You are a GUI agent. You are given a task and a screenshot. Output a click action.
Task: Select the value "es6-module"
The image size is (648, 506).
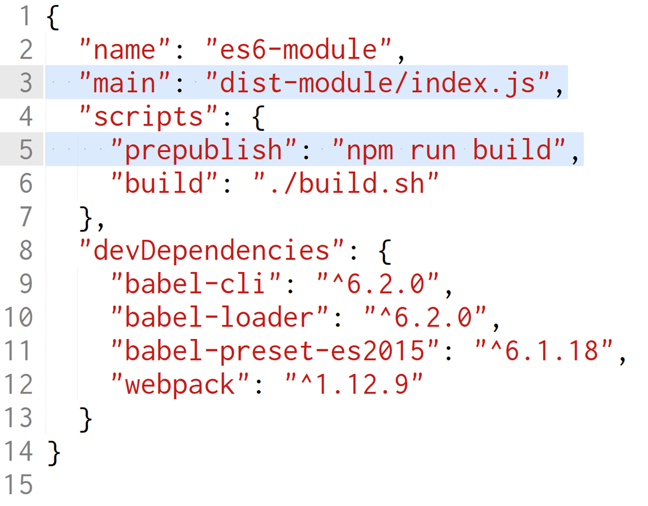(x=298, y=50)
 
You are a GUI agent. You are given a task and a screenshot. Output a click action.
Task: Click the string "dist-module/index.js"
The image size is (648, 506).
(x=376, y=83)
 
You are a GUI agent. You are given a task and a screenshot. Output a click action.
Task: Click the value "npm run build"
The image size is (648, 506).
(x=449, y=150)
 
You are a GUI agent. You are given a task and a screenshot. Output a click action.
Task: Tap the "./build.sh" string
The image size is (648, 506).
(x=345, y=184)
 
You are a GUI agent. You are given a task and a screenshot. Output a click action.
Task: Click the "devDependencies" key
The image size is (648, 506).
(x=212, y=250)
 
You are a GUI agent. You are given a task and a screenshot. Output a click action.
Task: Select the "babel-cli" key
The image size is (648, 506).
(x=196, y=284)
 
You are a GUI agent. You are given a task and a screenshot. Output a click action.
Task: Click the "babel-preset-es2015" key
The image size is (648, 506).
(x=275, y=351)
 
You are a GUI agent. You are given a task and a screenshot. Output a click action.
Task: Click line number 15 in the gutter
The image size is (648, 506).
(x=19, y=485)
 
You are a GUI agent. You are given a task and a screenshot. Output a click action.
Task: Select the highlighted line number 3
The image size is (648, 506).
(x=26, y=83)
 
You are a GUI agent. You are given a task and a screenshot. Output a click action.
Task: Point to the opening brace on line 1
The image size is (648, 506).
(x=53, y=18)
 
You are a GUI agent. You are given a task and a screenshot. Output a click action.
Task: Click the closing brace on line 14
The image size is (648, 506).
(x=53, y=451)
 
